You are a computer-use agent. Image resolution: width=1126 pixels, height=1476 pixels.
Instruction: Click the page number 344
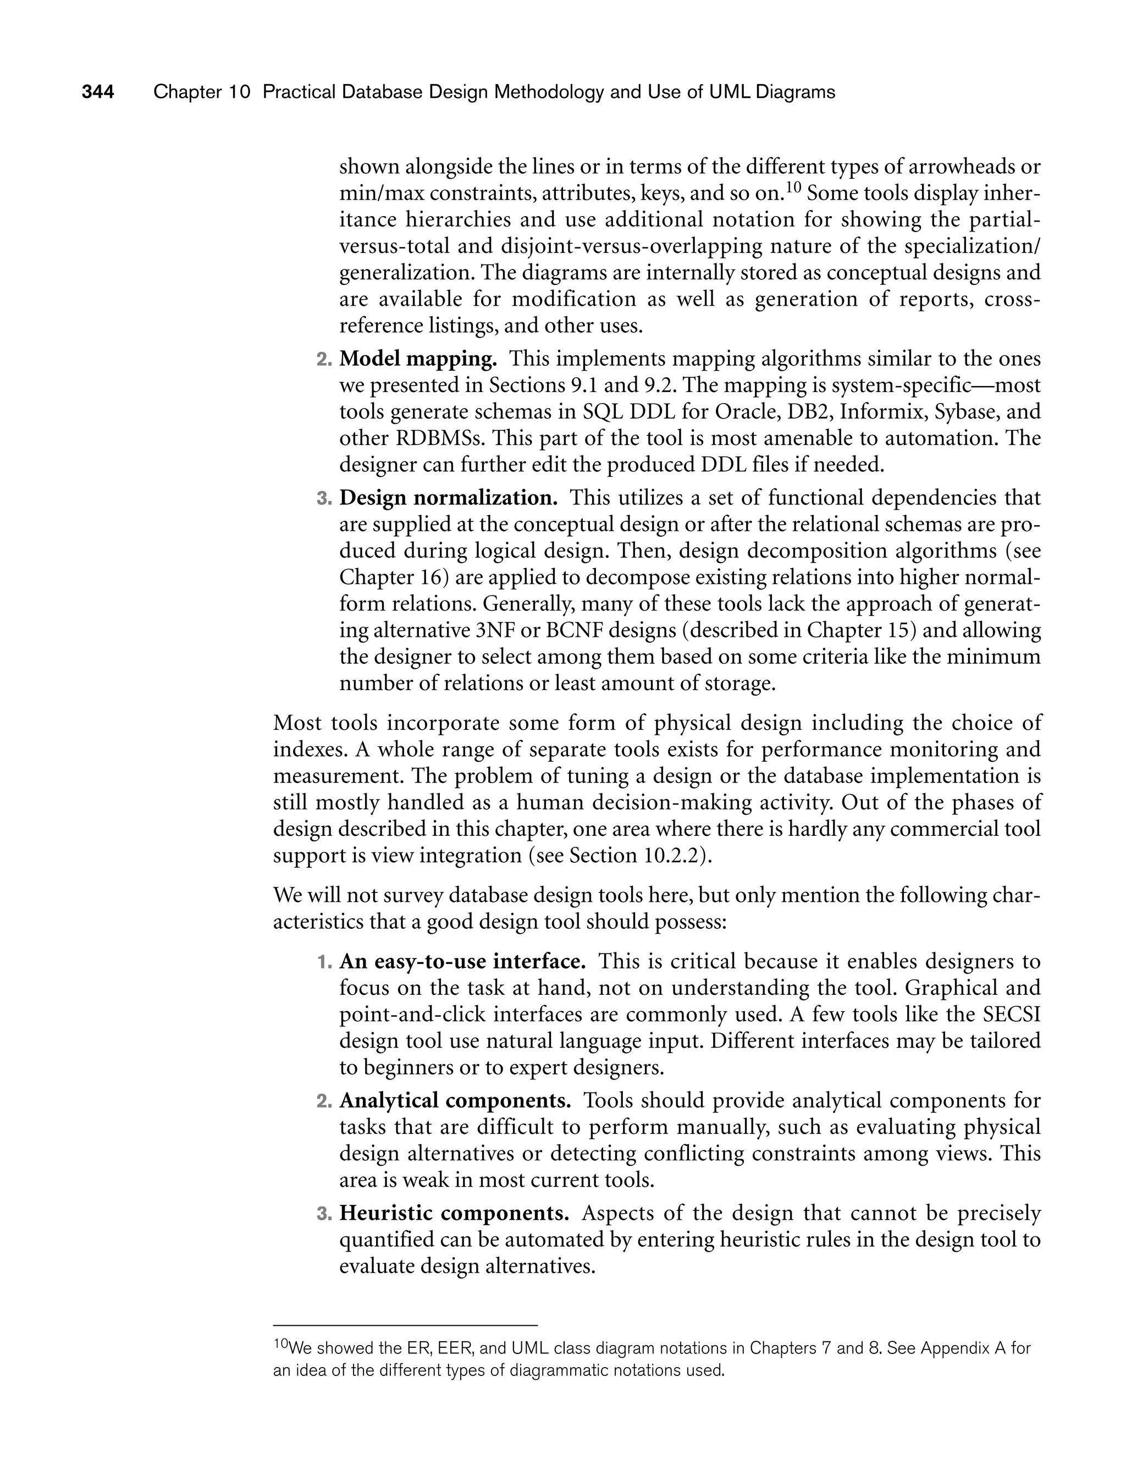[x=98, y=92]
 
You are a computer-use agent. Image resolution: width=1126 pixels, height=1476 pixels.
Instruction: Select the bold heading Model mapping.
[x=418, y=359]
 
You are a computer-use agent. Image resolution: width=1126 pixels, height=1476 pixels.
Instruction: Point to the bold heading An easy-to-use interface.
[x=462, y=962]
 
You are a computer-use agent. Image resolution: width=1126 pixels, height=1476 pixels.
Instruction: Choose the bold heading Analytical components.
[x=455, y=1100]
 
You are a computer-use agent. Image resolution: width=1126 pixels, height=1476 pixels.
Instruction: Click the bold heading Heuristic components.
[x=454, y=1213]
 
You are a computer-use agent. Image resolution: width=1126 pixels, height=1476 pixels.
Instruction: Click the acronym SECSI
[x=1012, y=1014]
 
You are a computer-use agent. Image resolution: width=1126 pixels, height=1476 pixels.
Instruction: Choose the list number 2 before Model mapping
[x=324, y=360]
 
